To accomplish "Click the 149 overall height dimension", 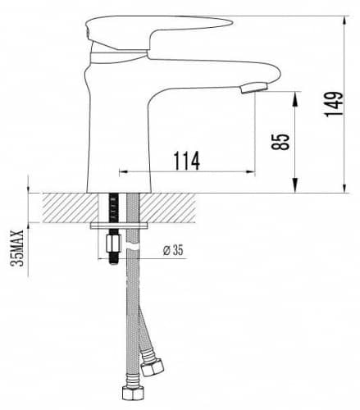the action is (x=334, y=104).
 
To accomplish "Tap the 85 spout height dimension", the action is (x=280, y=142).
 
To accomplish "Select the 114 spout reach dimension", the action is (x=187, y=161).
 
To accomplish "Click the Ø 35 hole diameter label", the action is (x=174, y=250).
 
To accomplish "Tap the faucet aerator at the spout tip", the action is (x=253, y=89).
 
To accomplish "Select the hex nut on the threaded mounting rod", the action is (x=114, y=244).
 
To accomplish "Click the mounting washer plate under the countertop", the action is (x=119, y=225).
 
